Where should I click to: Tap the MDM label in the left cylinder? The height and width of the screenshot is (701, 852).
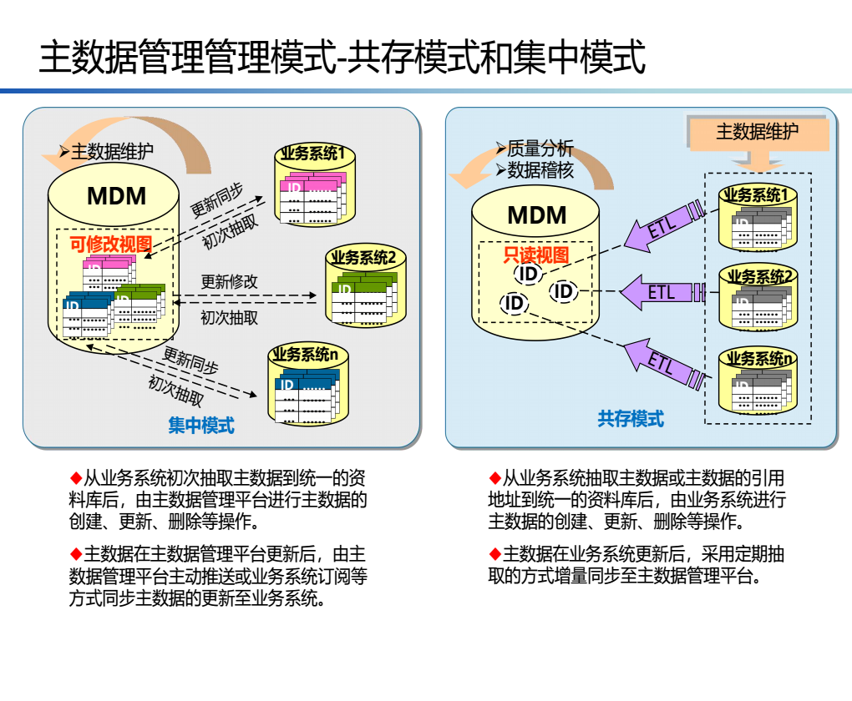coord(116,197)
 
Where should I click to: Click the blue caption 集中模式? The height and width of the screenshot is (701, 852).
coord(201,426)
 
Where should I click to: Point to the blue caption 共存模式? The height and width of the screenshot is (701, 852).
coord(631,418)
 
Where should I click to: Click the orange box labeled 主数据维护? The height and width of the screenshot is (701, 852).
coord(758,132)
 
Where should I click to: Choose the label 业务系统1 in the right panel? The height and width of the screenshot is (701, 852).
coord(755,195)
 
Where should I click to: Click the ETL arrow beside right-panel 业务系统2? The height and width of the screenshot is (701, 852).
coord(662,292)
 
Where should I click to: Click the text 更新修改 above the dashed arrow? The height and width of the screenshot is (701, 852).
coord(230,281)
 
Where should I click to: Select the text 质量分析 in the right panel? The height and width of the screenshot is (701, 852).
coord(540,149)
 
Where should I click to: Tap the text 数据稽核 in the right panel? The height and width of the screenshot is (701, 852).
coord(540,170)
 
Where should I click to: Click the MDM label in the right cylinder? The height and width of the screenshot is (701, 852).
coord(537,215)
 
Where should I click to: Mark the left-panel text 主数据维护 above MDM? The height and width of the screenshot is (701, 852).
coord(112,152)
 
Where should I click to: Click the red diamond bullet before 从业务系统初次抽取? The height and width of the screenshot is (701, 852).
coord(76,478)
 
